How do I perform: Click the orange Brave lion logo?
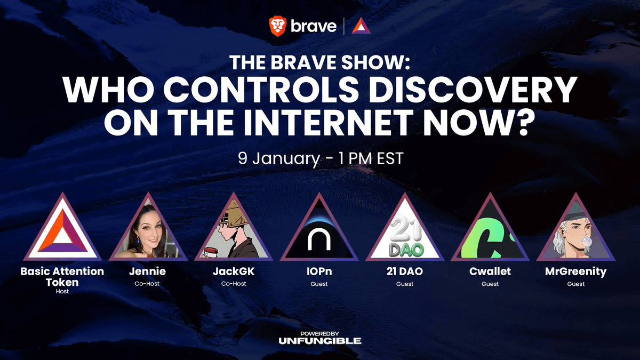pyautogui.click(x=277, y=26)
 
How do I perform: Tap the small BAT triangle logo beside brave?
pyautogui.click(x=361, y=26)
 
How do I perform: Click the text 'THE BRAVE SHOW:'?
pyautogui.click(x=319, y=62)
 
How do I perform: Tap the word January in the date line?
pyautogui.click(x=286, y=159)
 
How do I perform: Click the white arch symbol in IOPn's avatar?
pyautogui.click(x=319, y=239)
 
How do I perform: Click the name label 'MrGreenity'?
pyautogui.click(x=575, y=271)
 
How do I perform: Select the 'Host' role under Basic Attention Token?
pyautogui.click(x=62, y=291)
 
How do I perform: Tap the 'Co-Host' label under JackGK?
pyautogui.click(x=234, y=284)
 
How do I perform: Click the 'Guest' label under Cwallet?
pyautogui.click(x=490, y=284)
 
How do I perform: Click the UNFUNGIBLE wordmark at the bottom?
pyautogui.click(x=319, y=341)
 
